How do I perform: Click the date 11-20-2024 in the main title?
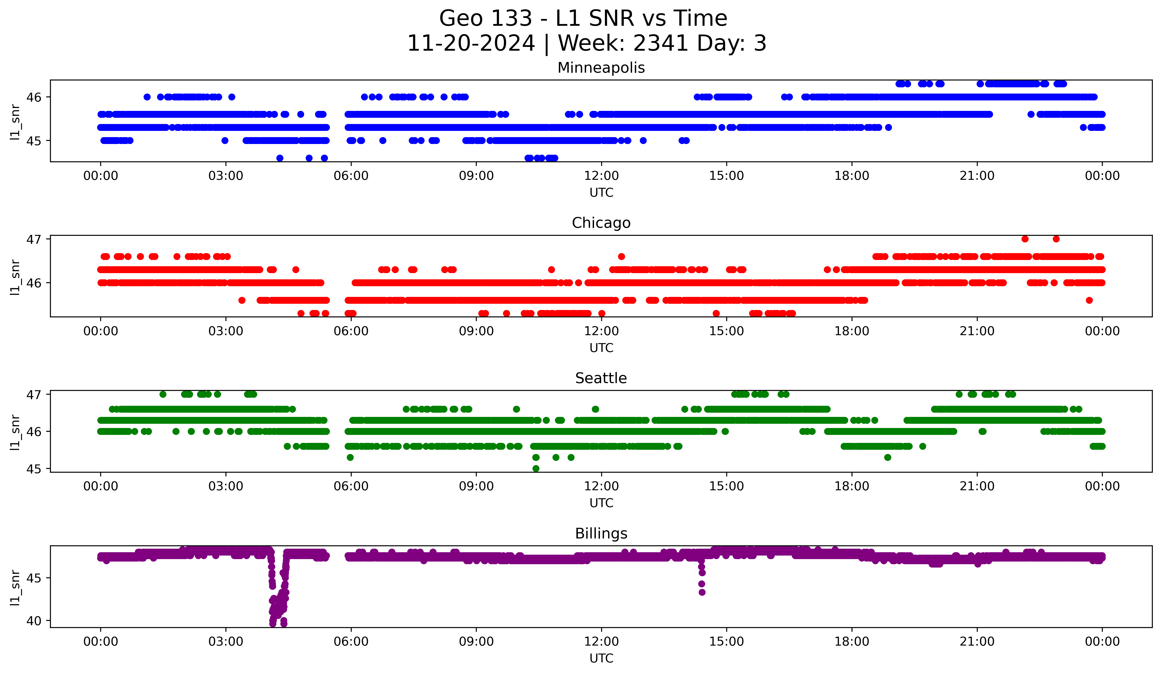[471, 43]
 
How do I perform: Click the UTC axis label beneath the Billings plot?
[601, 658]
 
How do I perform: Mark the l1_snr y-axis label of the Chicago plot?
[15, 277]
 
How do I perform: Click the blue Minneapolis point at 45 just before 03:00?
[225, 140]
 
